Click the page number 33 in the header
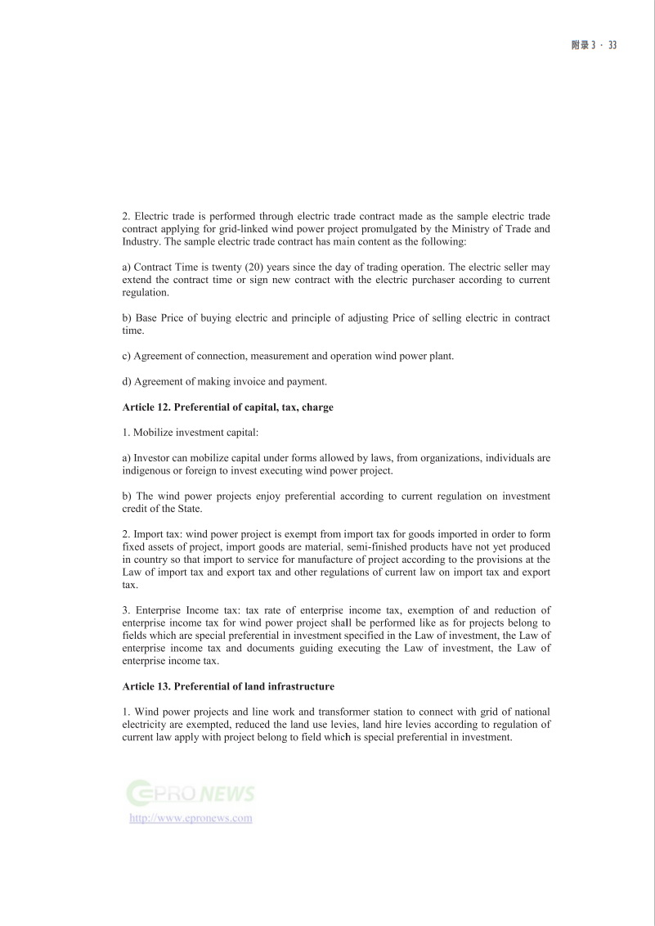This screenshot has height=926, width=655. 612,45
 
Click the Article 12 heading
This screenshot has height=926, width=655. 227,407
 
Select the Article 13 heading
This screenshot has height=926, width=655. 228,686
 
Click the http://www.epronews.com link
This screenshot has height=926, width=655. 191,818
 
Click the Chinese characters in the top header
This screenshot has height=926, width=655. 580,45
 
